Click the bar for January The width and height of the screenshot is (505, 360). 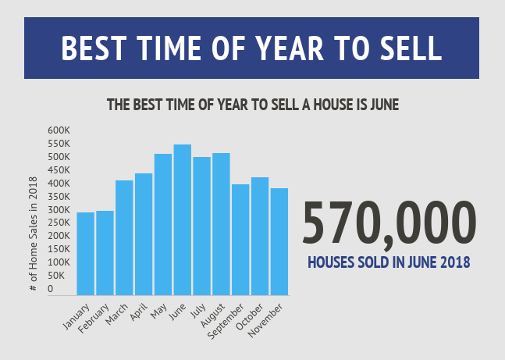click(85, 254)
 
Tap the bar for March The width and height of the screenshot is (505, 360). click(124, 237)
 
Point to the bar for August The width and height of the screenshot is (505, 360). click(221, 224)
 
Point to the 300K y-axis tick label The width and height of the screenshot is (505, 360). click(59, 210)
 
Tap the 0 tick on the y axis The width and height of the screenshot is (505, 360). click(51, 289)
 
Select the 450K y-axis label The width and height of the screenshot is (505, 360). click(59, 170)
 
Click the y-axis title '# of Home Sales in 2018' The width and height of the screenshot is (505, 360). click(34, 235)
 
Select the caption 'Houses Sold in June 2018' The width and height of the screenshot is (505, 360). click(388, 262)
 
